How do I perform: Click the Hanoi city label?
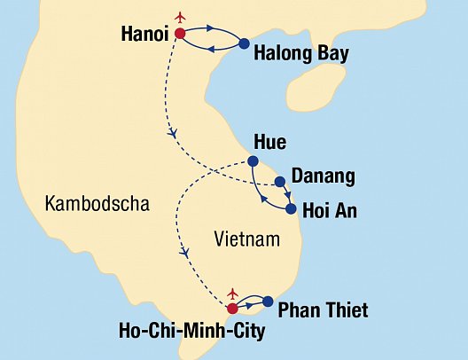143,35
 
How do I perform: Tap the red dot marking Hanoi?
181,34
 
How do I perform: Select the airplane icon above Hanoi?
183,17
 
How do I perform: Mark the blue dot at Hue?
253,161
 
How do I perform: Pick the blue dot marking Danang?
280,183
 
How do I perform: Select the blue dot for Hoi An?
291,209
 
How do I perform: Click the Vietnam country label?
247,239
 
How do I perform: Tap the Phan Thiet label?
323,310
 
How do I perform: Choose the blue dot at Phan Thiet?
268,301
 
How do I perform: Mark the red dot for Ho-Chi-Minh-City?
232,309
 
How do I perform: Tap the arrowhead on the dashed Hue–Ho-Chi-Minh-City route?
186,253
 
